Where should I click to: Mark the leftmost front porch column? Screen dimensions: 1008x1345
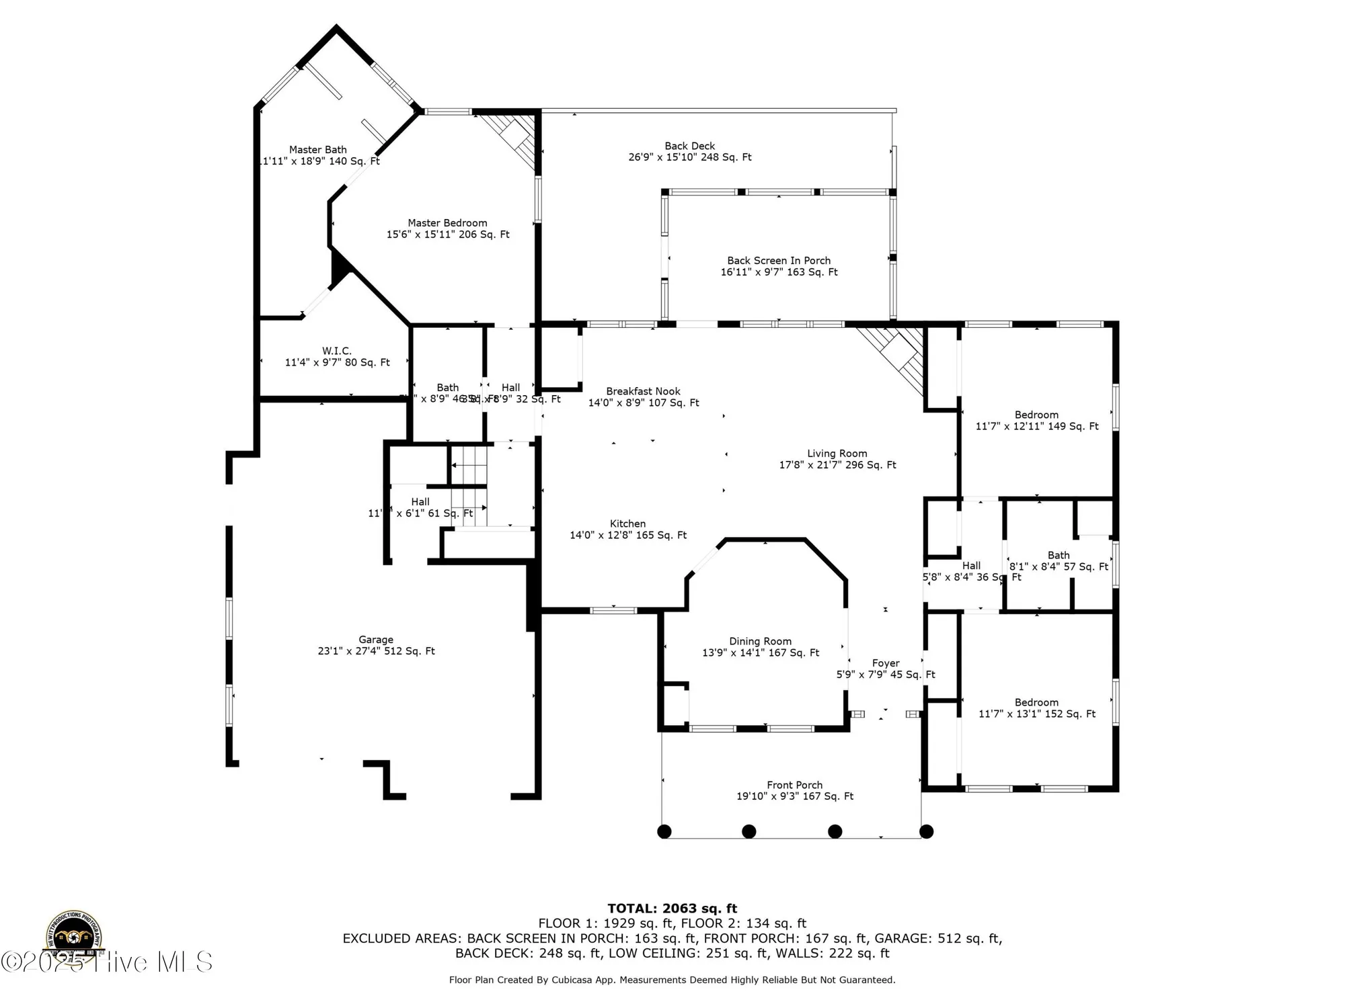tap(664, 831)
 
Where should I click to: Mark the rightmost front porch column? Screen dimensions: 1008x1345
tap(926, 831)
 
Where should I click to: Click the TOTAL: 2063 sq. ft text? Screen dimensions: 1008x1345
tap(672, 909)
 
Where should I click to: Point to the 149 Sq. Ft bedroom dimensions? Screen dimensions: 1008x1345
tap(1036, 426)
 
